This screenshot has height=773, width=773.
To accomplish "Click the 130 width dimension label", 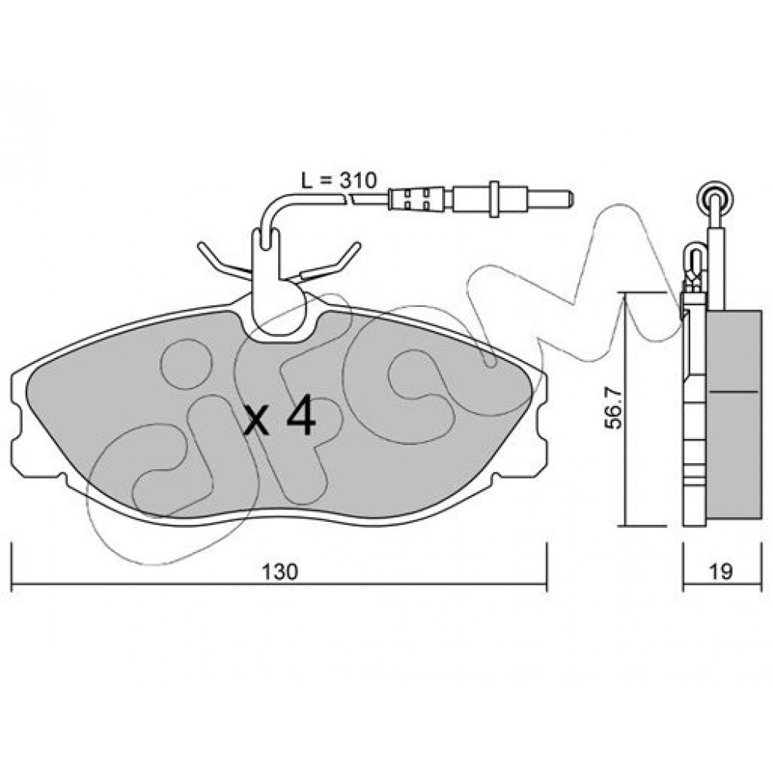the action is pos(280,571).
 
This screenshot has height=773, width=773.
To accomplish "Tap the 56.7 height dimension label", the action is pos(615,408).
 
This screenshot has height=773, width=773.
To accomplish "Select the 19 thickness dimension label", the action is pos(721,571).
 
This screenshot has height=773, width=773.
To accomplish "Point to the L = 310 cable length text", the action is pos(339,181).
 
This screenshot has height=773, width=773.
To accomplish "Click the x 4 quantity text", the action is pos(280,417).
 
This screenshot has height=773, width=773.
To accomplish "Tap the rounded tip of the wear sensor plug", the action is pos(570,199).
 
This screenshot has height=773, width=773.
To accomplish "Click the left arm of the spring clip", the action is pos(223,261).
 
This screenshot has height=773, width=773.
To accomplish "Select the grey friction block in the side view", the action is pos(734,414).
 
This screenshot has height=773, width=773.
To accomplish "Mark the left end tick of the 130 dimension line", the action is pos(12,567).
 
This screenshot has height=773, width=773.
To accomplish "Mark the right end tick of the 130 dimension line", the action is pos(547,567).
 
